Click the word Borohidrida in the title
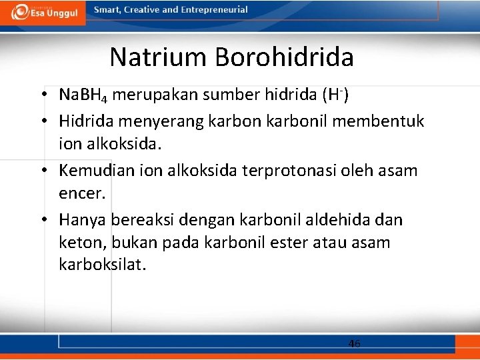pos(284,57)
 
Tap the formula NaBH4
pos(83,95)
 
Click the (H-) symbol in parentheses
pos(335,95)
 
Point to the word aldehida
pos(339,219)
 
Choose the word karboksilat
pos(101,265)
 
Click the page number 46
pos(354,343)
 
